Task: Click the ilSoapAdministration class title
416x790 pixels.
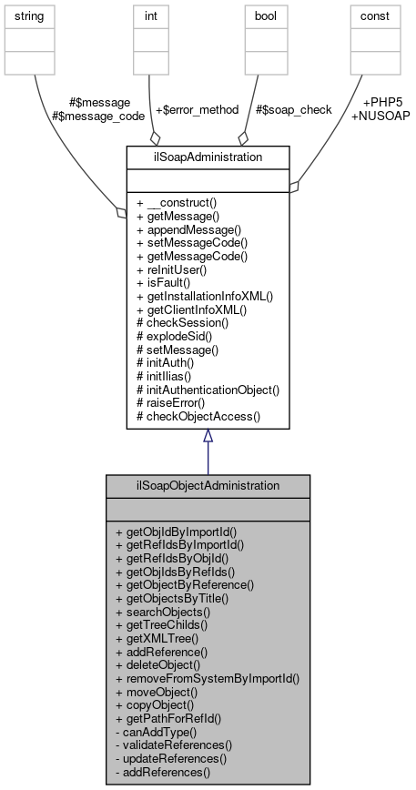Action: pos(208,157)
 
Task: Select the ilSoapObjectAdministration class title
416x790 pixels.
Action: pos(208,486)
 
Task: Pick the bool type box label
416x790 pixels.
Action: pos(265,16)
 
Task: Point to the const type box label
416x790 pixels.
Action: pos(380,16)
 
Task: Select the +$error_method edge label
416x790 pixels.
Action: pos(198,109)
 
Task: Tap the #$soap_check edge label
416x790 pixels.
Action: pos(294,109)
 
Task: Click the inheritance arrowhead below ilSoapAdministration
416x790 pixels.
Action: pos(208,436)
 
